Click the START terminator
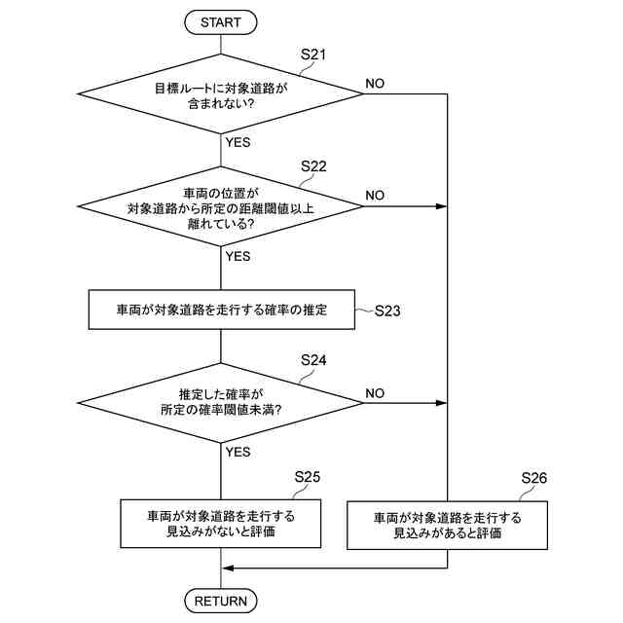[221, 20]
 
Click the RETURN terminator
[221, 601]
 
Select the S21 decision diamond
[221, 94]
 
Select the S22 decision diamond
[221, 206]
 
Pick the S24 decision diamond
[221, 402]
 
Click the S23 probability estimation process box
[221, 311]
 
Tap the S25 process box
[221, 524]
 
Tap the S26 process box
[448, 525]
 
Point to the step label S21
[312, 55]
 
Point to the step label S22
[313, 166]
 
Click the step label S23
[386, 312]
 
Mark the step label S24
[313, 360]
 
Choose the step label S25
[308, 477]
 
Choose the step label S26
[534, 478]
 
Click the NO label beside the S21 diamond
[375, 84]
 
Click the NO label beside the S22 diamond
[375, 196]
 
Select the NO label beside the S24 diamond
[375, 392]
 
